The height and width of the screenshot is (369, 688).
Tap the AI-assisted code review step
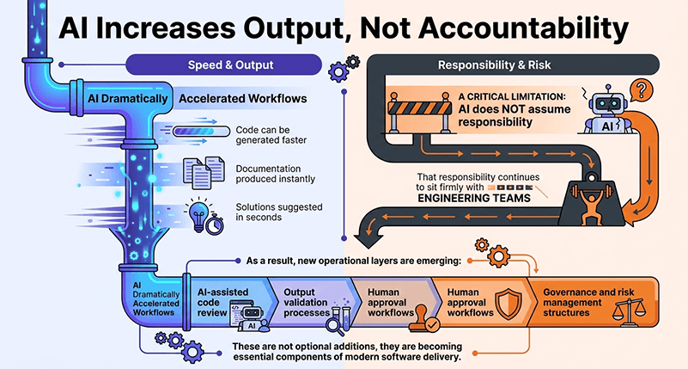(x=221, y=298)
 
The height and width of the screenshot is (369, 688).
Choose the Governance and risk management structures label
(x=591, y=298)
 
